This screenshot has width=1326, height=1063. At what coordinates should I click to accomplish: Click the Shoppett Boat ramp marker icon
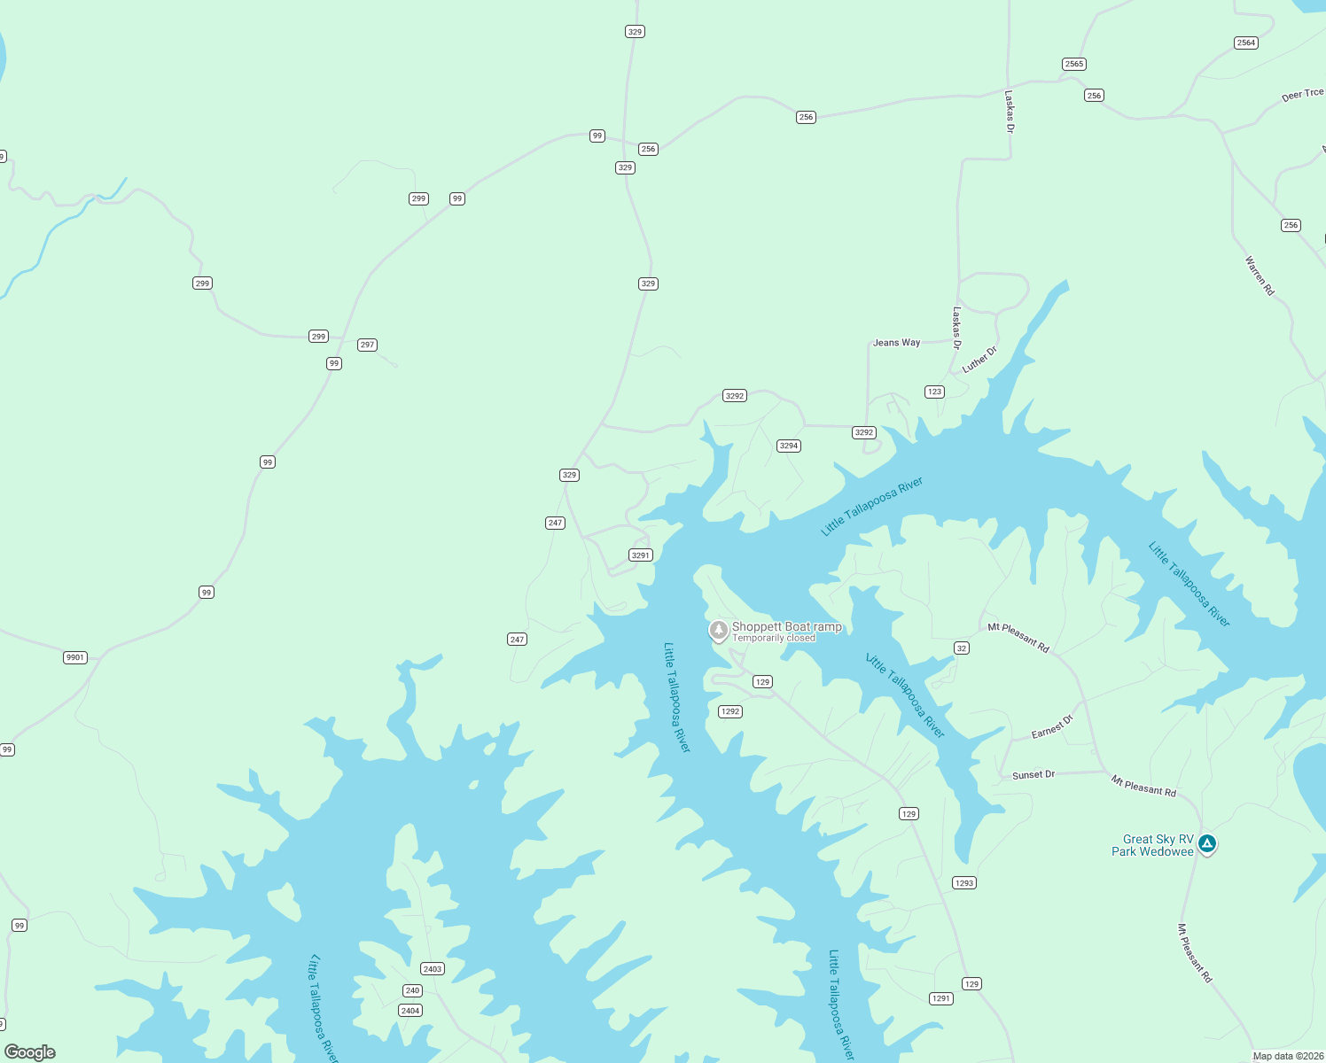pos(719,630)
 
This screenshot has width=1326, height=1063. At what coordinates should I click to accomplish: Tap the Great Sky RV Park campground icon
pos(1206,843)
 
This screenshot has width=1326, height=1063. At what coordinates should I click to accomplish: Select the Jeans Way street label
pos(896,343)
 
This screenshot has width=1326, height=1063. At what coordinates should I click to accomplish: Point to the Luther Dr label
pos(979,359)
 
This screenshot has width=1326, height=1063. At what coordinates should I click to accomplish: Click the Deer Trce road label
pos(1302,95)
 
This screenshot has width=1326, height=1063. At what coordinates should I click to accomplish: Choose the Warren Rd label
pos(1260,275)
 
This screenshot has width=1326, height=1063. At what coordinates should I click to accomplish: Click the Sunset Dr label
pos(1033,775)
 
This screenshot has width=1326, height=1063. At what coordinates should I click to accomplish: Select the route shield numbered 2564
pos(1246,43)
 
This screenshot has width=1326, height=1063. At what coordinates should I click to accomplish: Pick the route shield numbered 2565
pos(1074,64)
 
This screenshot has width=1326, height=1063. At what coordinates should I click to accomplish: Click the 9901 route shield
pos(75,657)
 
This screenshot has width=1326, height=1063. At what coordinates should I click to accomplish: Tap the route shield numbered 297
pos(367,345)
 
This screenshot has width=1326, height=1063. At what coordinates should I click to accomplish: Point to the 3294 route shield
pos(789,446)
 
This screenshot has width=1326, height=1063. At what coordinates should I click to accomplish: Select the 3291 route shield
pos(641,555)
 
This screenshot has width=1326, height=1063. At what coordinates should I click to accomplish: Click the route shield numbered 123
pos(934,392)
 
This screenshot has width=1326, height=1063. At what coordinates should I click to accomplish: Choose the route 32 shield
pos(962,648)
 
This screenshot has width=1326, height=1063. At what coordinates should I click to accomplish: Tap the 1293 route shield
pos(964,882)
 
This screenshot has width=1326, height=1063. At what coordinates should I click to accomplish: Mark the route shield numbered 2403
pos(433,969)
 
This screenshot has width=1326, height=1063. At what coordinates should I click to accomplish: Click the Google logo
pos(30,1052)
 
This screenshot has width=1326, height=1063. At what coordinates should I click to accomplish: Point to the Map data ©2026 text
pos(1288,1056)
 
